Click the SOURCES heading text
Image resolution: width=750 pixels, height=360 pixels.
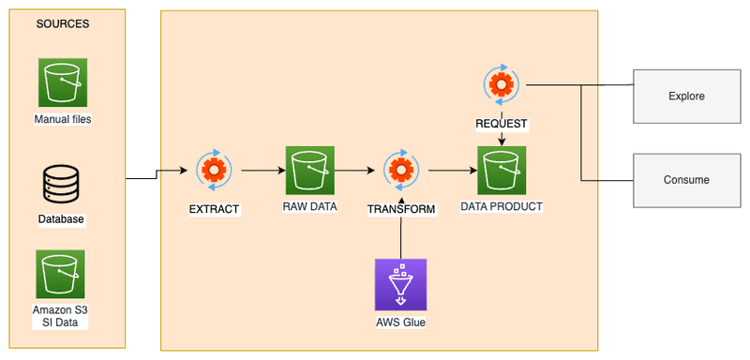[63, 23]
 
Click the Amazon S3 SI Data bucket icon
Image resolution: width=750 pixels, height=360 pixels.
[61, 274]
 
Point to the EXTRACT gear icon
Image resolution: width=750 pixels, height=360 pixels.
[214, 171]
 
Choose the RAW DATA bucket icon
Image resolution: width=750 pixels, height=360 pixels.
[310, 170]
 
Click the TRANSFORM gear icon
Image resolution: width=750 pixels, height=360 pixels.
[400, 171]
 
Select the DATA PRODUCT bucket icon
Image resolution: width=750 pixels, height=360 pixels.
[502, 170]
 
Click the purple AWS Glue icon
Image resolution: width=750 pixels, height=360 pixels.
[400, 284]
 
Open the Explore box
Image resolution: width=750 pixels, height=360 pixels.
[686, 96]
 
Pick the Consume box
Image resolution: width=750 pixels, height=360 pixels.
[686, 180]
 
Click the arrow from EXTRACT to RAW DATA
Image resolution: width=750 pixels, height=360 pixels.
[262, 171]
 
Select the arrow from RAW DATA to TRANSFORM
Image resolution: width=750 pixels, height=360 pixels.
[357, 171]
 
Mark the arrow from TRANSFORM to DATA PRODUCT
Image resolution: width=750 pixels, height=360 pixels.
[449, 171]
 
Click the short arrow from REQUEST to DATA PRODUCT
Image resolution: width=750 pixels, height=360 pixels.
[502, 137]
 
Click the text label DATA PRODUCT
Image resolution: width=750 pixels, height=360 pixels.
[502, 205]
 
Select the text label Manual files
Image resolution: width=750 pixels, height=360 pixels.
[62, 120]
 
